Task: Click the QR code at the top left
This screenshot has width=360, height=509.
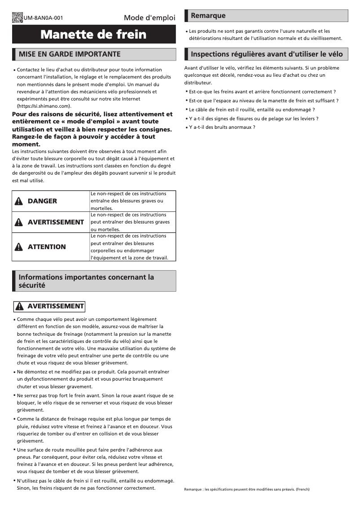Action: tap(18, 18)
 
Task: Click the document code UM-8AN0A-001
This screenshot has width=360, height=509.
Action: tap(43, 18)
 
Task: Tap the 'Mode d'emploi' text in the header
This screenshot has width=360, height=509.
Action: tap(149, 18)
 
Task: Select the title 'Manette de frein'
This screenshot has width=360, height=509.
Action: tap(93, 35)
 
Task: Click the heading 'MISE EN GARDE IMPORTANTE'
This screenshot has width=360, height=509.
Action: tap(70, 54)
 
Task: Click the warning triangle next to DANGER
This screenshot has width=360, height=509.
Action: tap(19, 201)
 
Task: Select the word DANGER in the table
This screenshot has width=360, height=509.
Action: tap(42, 201)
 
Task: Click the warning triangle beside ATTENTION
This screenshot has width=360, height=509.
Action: tap(19, 247)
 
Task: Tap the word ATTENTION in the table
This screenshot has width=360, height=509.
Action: tap(47, 247)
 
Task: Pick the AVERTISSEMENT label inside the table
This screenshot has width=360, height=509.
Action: tap(56, 222)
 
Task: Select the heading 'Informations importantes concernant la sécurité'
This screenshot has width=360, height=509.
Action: tap(86, 281)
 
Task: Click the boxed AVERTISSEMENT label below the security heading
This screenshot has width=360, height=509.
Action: tap(49, 306)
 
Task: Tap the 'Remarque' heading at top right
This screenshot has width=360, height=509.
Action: tap(208, 16)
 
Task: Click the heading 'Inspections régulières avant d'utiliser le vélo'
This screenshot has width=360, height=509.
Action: tap(267, 54)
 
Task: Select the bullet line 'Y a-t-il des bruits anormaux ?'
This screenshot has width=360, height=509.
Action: tap(222, 127)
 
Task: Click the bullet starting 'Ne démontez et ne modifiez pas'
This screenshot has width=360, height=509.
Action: tap(92, 379)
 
